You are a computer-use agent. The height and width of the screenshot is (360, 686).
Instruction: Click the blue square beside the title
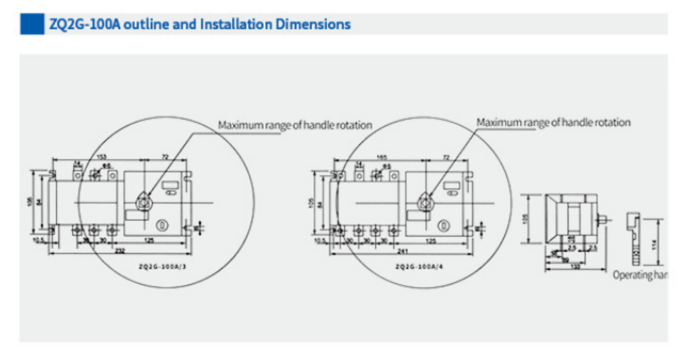(32, 24)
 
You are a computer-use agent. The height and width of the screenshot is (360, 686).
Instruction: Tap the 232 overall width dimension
(119, 251)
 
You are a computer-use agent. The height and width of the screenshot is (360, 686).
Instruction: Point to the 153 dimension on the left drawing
(102, 157)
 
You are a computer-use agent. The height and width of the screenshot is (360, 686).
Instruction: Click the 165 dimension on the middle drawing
(381, 157)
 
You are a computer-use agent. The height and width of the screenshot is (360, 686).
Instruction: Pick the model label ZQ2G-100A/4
(418, 267)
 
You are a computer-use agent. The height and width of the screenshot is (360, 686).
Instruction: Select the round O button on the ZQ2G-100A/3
(162, 224)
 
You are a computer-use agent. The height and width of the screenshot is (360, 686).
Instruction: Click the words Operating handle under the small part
(638, 275)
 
